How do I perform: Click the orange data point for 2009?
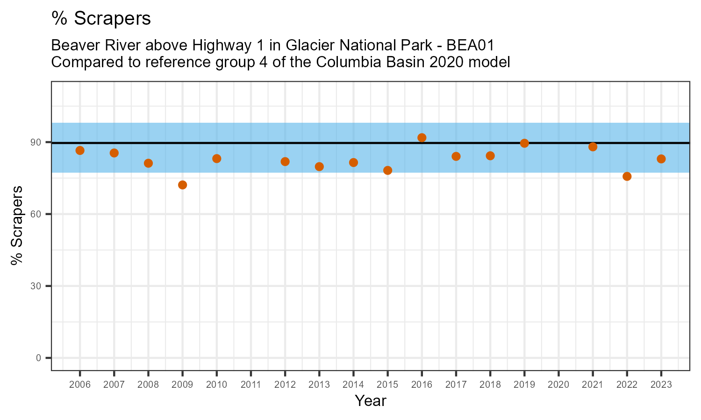pos(182,185)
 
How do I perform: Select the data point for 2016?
pos(422,138)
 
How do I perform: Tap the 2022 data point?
pos(627,176)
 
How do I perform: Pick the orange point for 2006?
pos(80,150)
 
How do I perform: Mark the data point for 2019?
pos(524,143)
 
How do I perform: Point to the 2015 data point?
pos(387,170)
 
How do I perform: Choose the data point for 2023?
pos(661,159)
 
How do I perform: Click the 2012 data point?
pos(285,161)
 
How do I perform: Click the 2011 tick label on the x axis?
pos(251,385)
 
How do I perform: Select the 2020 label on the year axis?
pos(558,385)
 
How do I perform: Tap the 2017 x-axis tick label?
pos(456,385)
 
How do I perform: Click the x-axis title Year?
pos(371,401)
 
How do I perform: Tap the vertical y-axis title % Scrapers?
pos(17,225)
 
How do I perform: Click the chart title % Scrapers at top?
pos(101,19)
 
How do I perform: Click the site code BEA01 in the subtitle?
pos(471,46)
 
